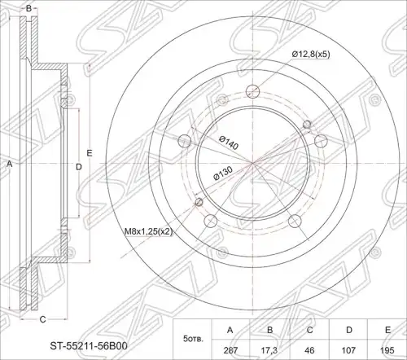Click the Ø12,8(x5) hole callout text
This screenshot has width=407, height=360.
[x=311, y=55]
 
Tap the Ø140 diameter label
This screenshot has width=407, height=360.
[x=229, y=143]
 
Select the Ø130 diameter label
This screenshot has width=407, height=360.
[x=223, y=173]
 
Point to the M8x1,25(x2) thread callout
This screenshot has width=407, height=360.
[x=148, y=231]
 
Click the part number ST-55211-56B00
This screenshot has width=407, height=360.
[x=89, y=346]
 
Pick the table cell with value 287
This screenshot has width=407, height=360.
[x=230, y=350]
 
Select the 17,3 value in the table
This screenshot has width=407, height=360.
[x=269, y=350]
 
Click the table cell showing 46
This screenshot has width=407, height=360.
[x=309, y=350]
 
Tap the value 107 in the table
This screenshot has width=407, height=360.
[x=349, y=350]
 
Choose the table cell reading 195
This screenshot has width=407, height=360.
[x=387, y=350]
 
